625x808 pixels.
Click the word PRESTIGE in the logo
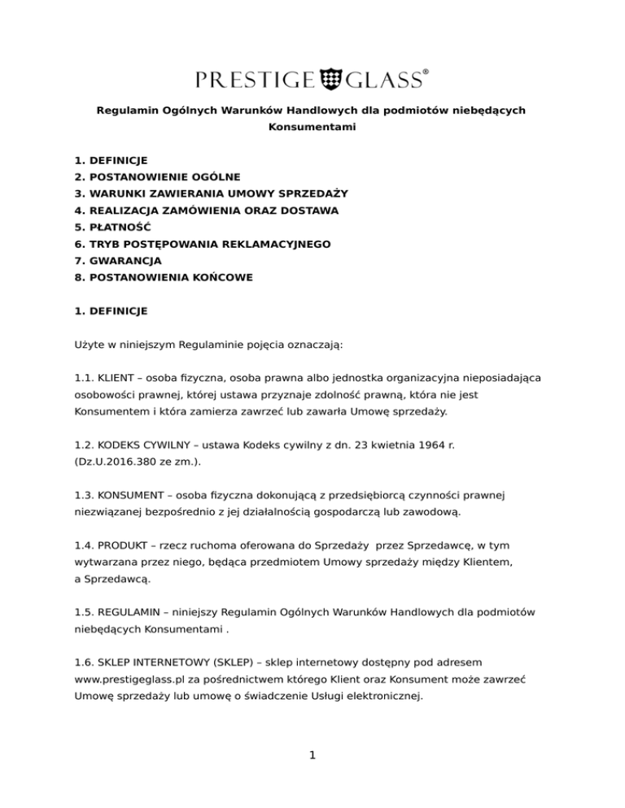point(255,79)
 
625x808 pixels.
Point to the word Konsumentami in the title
point(312,128)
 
